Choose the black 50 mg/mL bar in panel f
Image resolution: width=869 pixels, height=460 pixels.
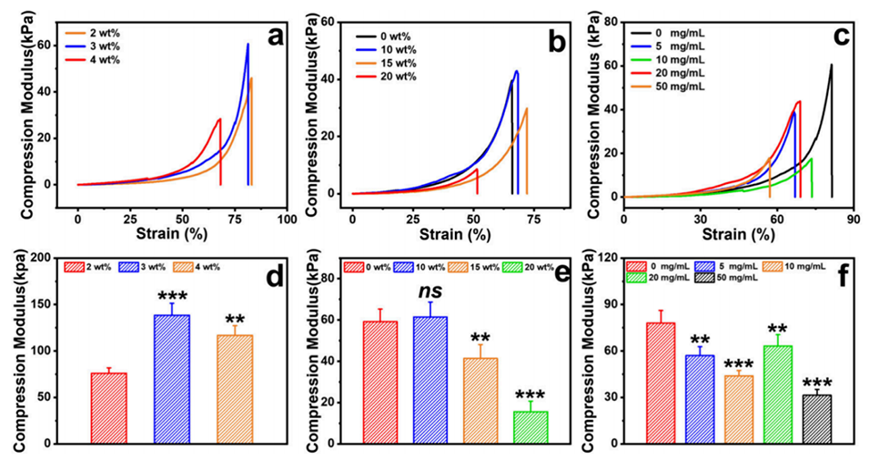[x=816, y=419]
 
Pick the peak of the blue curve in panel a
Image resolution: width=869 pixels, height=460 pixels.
[x=247, y=44]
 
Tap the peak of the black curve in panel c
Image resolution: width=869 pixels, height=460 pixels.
[x=831, y=65]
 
